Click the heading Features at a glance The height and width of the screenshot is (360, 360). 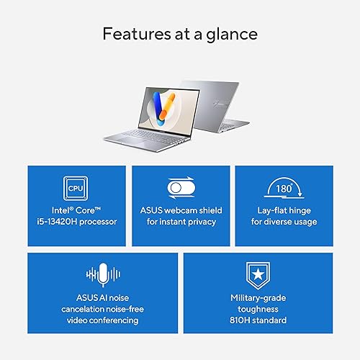click(x=179, y=33)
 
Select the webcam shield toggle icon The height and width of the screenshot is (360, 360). click(x=180, y=189)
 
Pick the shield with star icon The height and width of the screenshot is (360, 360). click(x=258, y=274)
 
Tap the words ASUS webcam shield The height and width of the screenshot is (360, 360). click(x=181, y=210)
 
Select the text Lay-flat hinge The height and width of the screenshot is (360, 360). click(x=284, y=210)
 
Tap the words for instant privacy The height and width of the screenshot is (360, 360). click(x=181, y=221)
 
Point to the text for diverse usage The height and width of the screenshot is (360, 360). click(x=284, y=221)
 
